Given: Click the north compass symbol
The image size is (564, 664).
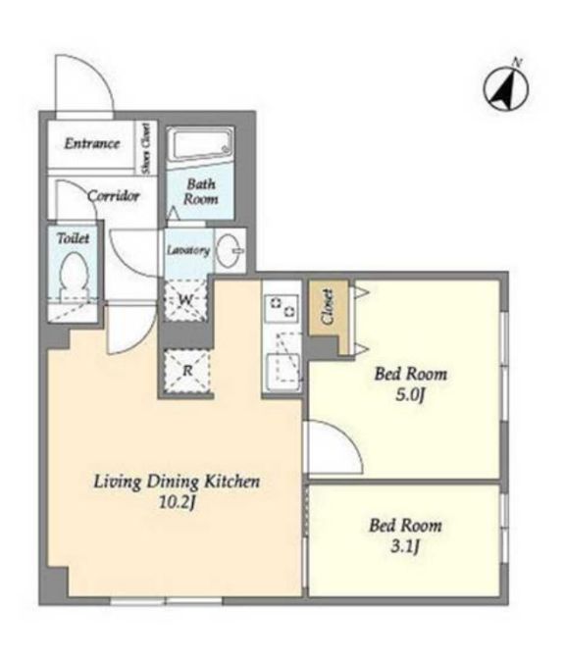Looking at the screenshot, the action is (506, 89).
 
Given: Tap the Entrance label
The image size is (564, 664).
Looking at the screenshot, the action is (92, 143).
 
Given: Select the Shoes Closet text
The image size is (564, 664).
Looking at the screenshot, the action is (146, 148).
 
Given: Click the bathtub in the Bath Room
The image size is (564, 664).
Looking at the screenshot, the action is (200, 144).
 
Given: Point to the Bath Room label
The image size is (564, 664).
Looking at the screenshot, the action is (201, 191).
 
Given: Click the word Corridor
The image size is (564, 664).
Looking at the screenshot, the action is (114, 195).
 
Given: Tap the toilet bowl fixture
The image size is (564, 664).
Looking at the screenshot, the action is (75, 278).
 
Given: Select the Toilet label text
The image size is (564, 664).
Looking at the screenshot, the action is (74, 238).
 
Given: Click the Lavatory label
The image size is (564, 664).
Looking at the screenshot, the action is (188, 250).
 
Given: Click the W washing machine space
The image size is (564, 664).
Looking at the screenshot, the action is (186, 300).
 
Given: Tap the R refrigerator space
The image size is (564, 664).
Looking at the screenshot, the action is (187, 371).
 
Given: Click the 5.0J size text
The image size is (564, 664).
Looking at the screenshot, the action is (410, 394).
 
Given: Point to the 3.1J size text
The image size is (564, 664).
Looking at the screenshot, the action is (405, 547).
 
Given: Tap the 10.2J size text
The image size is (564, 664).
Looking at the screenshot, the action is (177, 502).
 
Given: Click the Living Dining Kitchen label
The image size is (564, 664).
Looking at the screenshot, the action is (177, 482).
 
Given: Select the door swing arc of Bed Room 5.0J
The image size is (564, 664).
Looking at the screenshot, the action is (346, 436).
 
